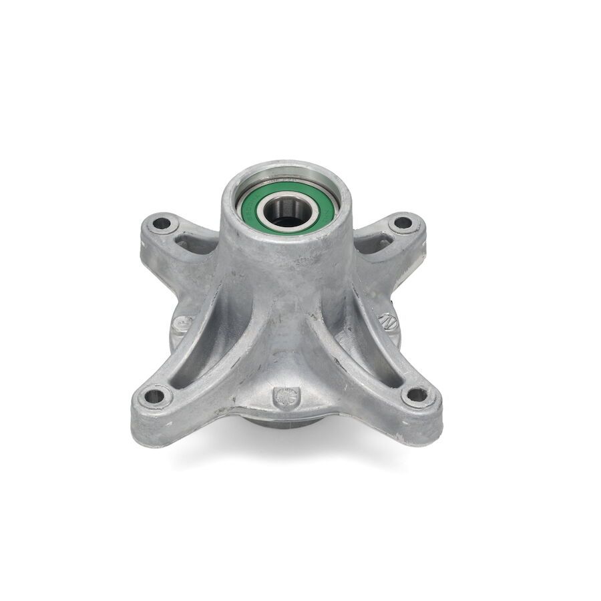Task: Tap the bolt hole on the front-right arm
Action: [416, 395]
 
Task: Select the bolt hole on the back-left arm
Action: [162, 223]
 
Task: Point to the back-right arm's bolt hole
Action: [403, 222]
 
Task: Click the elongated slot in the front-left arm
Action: [200, 361]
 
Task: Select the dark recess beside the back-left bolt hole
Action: [194, 244]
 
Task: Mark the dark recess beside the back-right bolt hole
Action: [374, 244]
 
